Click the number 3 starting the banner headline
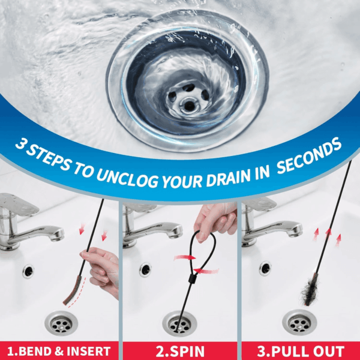click(21, 143)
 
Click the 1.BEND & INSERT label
click(59, 351)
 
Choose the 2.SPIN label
click(180, 351)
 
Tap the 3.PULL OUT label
click(301, 351)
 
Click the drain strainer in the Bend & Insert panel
click(61, 323)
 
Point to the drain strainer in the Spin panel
click(179, 324)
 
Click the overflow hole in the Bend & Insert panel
click(28, 272)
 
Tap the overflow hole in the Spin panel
click(145, 270)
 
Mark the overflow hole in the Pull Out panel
click(265, 268)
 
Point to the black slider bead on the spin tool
click(192, 280)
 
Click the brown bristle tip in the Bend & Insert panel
click(73, 290)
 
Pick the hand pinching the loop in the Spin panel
click(215, 221)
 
